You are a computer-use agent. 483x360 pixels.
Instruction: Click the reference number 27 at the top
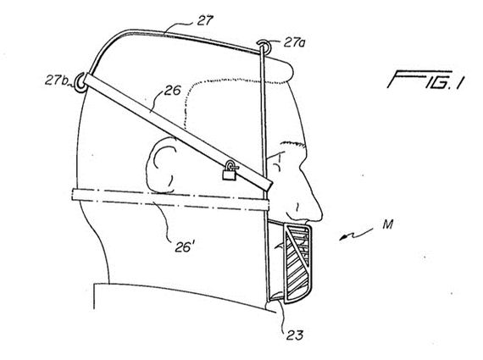click(205, 19)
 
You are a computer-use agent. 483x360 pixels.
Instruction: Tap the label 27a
click(294, 42)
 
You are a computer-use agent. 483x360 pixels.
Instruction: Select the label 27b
click(57, 80)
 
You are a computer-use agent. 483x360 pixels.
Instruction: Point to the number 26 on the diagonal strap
click(172, 91)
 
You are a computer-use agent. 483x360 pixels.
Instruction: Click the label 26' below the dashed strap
click(184, 246)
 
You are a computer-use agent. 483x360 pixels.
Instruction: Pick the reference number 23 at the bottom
click(295, 335)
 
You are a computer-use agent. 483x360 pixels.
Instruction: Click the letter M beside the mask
click(388, 224)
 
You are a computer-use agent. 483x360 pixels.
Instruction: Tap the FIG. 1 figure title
click(425, 80)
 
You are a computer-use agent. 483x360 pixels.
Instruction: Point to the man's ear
click(161, 165)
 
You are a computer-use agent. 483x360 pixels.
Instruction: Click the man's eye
click(277, 163)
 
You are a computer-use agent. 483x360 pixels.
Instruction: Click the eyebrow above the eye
click(291, 143)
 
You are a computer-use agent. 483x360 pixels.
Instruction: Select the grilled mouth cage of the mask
click(297, 263)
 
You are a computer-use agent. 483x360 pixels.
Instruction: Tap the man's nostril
click(297, 208)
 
